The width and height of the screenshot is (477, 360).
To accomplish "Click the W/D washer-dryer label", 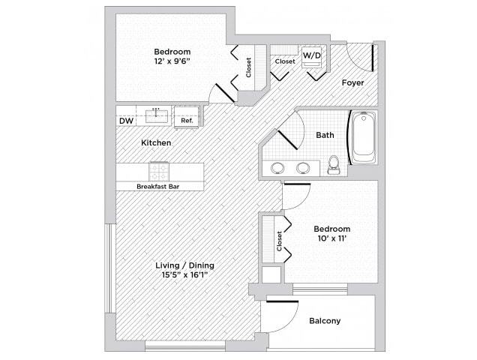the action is pyautogui.click(x=312, y=55).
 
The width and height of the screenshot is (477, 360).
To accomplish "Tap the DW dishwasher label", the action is pyautogui.click(x=126, y=121).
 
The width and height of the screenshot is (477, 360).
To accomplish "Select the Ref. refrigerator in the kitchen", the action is pyautogui.click(x=187, y=117).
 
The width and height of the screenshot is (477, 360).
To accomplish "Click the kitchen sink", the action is pyautogui.click(x=156, y=116).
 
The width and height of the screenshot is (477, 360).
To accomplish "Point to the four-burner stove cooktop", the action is pyautogui.click(x=159, y=172).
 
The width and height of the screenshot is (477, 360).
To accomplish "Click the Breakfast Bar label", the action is pyautogui.click(x=158, y=187).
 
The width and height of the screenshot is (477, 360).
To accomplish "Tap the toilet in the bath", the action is pyautogui.click(x=334, y=165).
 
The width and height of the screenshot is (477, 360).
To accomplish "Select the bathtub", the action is pyautogui.click(x=364, y=137).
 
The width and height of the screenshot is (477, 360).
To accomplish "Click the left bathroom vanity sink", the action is pyautogui.click(x=277, y=168).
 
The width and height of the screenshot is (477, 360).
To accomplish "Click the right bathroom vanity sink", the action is pyautogui.click(x=303, y=168).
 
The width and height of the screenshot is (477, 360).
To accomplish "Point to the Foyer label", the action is pyautogui.click(x=352, y=82).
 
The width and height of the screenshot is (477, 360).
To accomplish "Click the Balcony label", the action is pyautogui.click(x=325, y=321).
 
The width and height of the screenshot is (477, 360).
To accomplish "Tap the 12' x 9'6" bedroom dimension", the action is pyautogui.click(x=172, y=61).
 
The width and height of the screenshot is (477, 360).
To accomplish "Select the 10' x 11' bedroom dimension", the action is pyautogui.click(x=332, y=238).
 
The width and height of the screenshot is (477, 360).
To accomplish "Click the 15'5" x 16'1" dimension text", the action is pyautogui.click(x=185, y=275).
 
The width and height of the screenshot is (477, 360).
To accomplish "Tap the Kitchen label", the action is pyautogui.click(x=156, y=142).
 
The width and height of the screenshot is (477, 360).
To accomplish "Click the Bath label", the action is pyautogui.click(x=325, y=135).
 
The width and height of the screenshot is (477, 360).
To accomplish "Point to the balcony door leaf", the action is pyautogui.click(x=282, y=302).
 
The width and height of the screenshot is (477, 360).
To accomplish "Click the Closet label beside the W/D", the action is pyautogui.click(x=285, y=61).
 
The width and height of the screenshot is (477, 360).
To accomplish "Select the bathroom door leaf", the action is pyautogui.click(x=287, y=139).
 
